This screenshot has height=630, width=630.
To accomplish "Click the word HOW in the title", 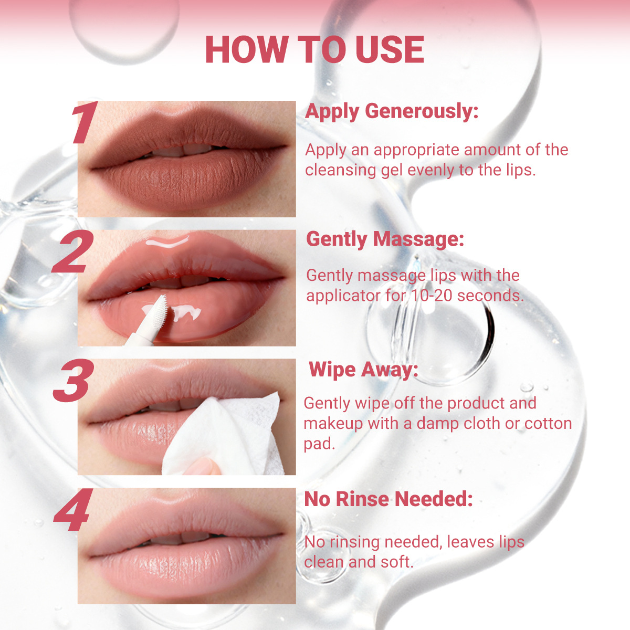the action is click(x=247, y=49).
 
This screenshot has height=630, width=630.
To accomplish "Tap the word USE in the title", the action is click(x=390, y=49).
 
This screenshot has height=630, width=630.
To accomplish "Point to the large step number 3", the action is click(x=73, y=380).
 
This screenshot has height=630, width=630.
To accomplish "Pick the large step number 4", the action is click(x=73, y=509).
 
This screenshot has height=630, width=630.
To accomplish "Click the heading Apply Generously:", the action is click(x=392, y=112).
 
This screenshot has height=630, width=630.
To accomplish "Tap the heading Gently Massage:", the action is click(x=385, y=239).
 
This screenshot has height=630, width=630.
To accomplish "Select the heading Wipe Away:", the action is click(x=363, y=370).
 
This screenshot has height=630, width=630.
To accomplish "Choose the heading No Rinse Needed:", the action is click(x=388, y=499).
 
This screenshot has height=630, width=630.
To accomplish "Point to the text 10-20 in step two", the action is click(x=431, y=296).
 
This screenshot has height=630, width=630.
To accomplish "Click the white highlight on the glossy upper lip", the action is click(x=167, y=242).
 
